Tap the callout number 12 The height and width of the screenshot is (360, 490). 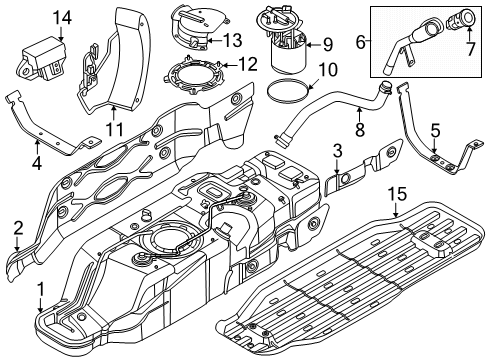pyautogui.click(x=248, y=64)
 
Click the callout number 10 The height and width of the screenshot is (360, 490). pyautogui.click(x=327, y=70)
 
